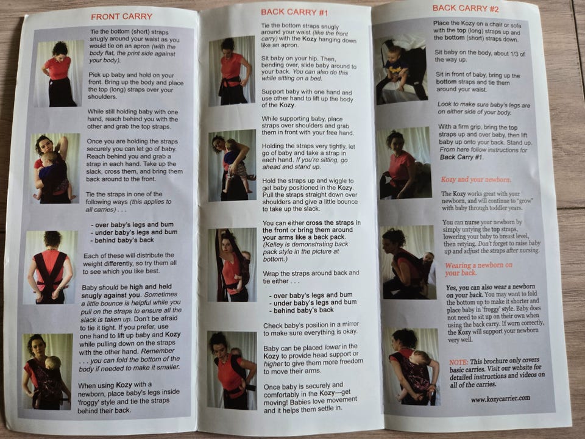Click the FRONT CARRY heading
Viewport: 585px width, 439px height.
[x=122, y=17]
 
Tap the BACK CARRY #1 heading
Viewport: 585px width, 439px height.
[x=294, y=12]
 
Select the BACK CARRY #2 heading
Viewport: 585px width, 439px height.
[x=465, y=8]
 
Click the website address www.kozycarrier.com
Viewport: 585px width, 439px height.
[x=500, y=399]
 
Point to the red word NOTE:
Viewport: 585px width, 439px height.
[x=458, y=362]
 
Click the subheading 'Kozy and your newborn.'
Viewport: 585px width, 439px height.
[x=476, y=179]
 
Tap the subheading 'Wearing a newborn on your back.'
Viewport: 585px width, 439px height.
[x=479, y=269]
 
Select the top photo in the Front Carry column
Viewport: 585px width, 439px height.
[x=59, y=74]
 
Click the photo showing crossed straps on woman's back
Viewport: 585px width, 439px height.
[x=50, y=267]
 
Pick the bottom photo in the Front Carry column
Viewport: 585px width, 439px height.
[x=47, y=371]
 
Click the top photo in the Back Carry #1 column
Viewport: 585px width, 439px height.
[x=232, y=71]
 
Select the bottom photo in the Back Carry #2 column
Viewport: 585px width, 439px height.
[x=412, y=366]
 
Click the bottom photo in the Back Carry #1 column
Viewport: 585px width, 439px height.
[x=232, y=370]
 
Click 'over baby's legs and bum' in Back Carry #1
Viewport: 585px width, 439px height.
[x=313, y=295]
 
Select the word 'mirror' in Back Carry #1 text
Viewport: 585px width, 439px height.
[x=349, y=324]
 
